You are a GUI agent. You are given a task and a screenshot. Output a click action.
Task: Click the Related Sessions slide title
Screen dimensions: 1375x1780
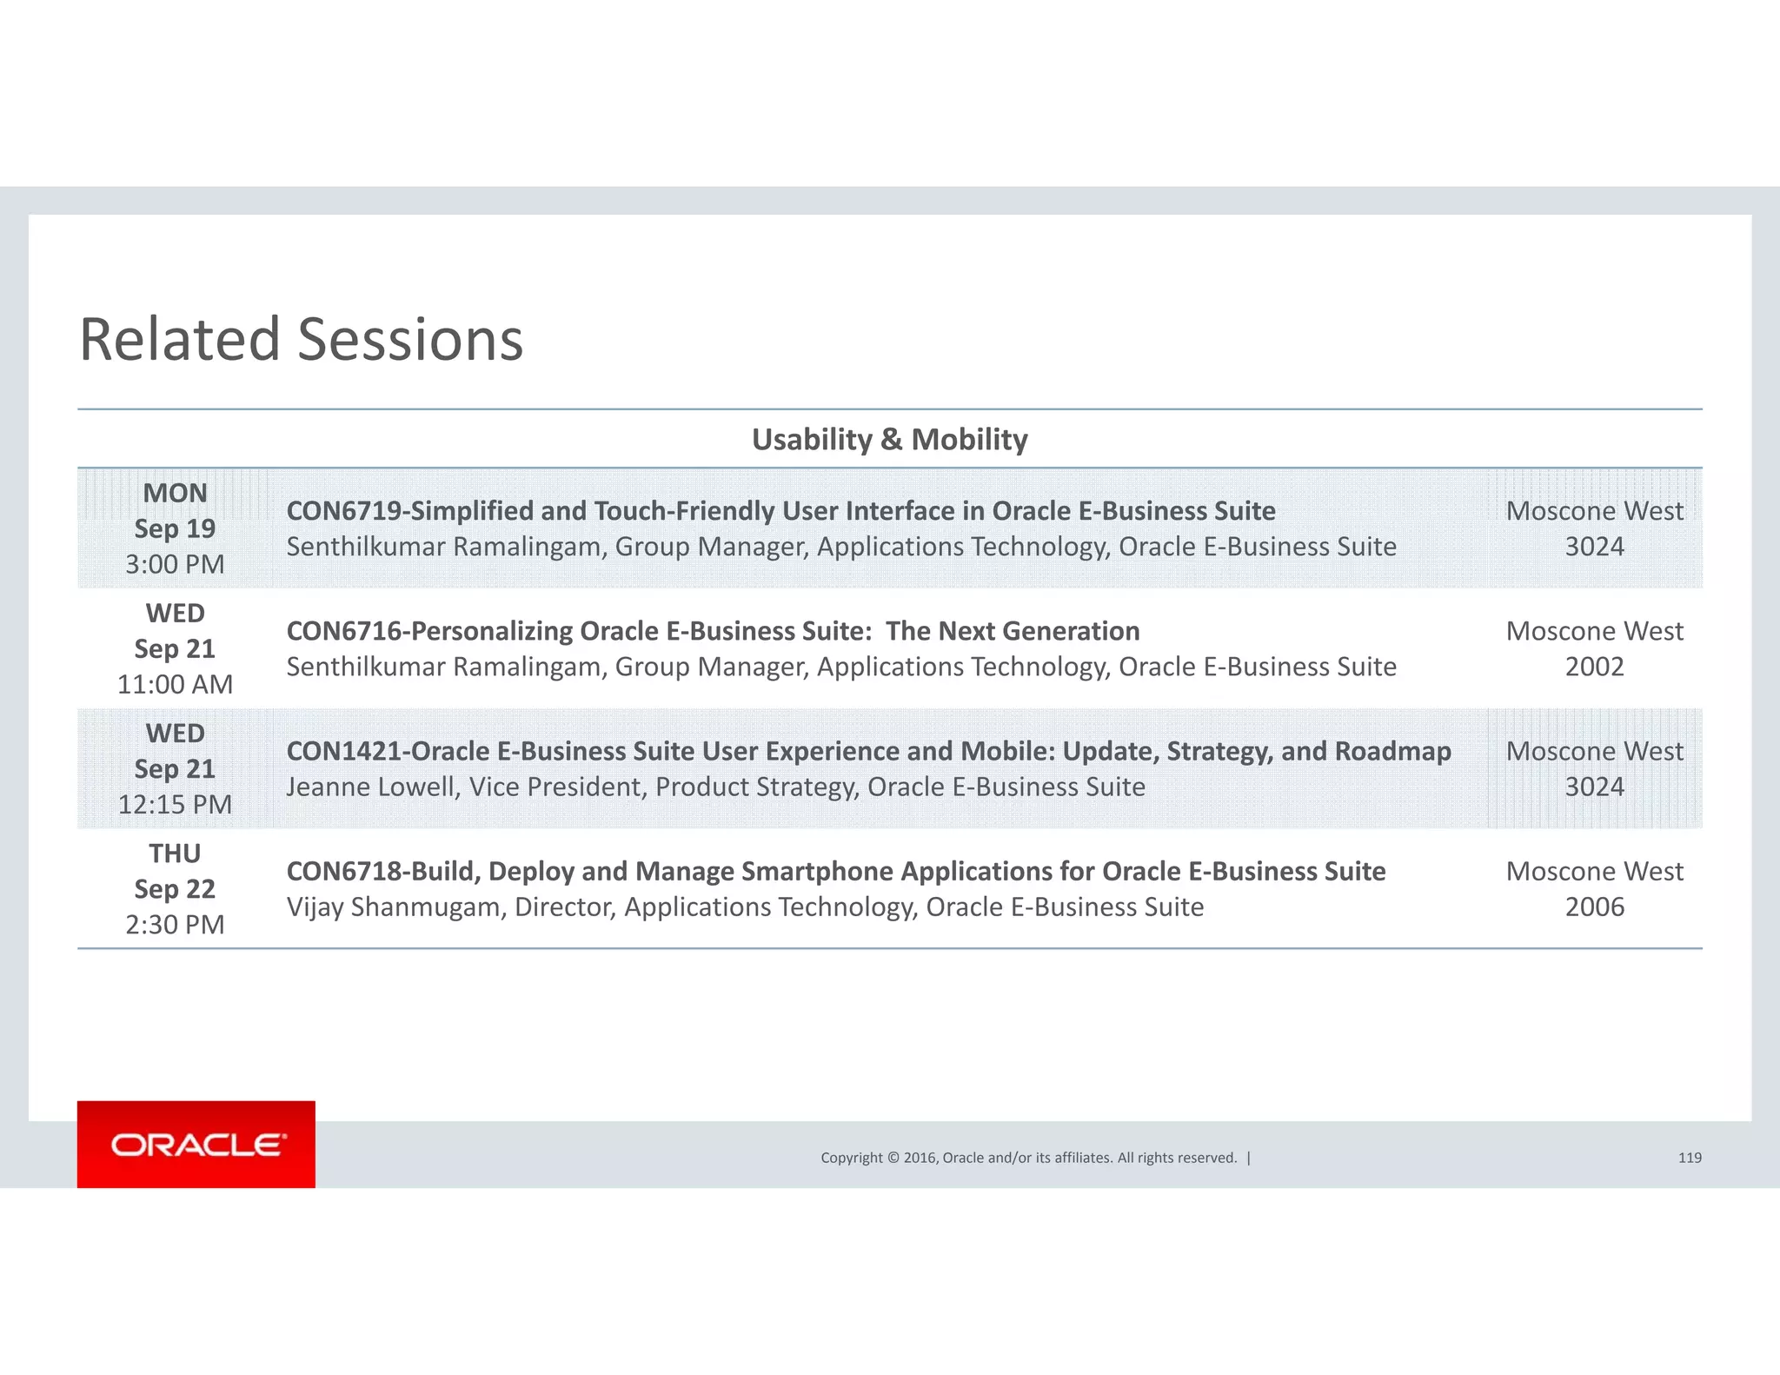click(301, 339)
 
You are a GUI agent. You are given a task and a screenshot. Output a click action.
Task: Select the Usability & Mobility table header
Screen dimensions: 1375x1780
click(889, 440)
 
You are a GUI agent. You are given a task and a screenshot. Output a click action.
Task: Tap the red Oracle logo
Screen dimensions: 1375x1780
click(196, 1144)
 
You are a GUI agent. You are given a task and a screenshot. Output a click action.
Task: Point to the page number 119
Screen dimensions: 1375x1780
click(1690, 1158)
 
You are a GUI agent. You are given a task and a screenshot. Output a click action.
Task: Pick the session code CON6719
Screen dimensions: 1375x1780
click(343, 511)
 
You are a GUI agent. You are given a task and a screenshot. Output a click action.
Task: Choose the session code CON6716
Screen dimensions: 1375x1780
click(343, 631)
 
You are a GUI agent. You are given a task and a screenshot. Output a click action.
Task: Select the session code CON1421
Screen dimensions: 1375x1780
click(343, 751)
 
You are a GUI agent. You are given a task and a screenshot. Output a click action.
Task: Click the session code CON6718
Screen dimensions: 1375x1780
click(343, 871)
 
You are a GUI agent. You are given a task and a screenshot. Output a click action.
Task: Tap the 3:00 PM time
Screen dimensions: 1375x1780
click(175, 565)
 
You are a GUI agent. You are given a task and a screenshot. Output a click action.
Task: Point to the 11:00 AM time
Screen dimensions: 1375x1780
click(175, 685)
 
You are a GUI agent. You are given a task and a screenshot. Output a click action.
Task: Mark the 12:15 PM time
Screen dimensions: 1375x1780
click(175, 805)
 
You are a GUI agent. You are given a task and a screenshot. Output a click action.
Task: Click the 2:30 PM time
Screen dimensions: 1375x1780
click(175, 925)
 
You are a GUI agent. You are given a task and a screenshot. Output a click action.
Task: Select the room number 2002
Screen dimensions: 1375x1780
click(1594, 667)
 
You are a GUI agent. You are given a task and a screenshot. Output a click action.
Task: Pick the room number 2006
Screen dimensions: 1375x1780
click(1594, 907)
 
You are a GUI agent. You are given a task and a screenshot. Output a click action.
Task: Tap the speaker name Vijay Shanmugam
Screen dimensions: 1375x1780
click(395, 907)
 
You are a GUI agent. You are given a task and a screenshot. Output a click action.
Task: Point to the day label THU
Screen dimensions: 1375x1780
click(175, 854)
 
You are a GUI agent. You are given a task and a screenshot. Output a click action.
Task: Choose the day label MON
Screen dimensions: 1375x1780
click(175, 493)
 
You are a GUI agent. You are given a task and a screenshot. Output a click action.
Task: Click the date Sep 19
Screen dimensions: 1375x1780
click(175, 528)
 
